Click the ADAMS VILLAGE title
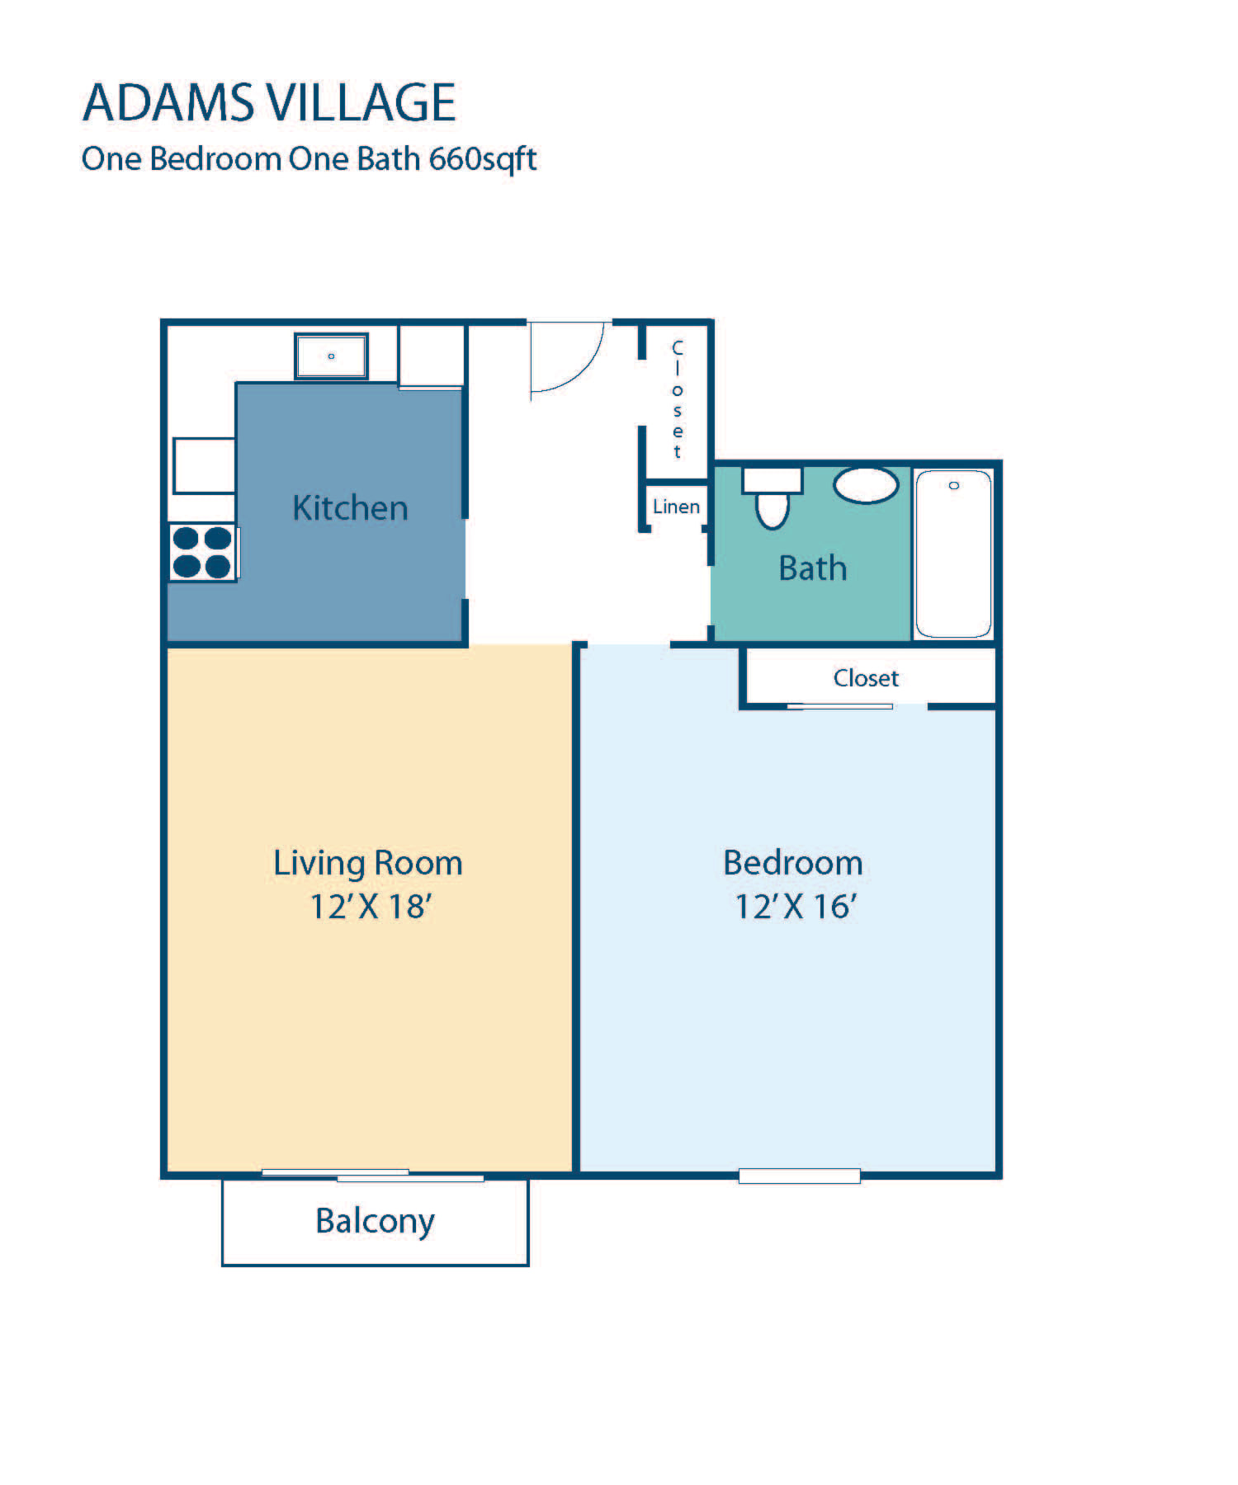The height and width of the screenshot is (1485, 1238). coord(269,102)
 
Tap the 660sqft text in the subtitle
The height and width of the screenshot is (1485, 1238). coord(483,159)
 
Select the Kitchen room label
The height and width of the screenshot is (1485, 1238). coord(350,507)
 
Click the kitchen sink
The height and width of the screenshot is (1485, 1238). coord(331,356)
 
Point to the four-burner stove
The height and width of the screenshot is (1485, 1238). coord(203,552)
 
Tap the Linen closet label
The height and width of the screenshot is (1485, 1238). coord(676,507)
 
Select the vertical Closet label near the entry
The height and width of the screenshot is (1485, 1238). coord(678,398)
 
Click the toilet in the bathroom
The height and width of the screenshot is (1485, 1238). coord(773,498)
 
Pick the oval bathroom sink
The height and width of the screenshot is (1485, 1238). coord(866,485)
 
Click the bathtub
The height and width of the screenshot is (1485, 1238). coord(953,554)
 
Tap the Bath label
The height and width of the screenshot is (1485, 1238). coord(813,568)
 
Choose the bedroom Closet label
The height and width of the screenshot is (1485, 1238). coord(866,678)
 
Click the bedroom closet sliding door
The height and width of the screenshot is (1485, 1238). coord(839,706)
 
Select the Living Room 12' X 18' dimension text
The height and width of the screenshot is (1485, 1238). coord(371,907)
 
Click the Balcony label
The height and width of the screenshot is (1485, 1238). coord(375,1222)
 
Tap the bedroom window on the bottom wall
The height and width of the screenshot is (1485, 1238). coord(799,1176)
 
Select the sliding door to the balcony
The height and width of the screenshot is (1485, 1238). coord(372,1175)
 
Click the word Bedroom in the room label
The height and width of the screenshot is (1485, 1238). coord(793,863)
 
